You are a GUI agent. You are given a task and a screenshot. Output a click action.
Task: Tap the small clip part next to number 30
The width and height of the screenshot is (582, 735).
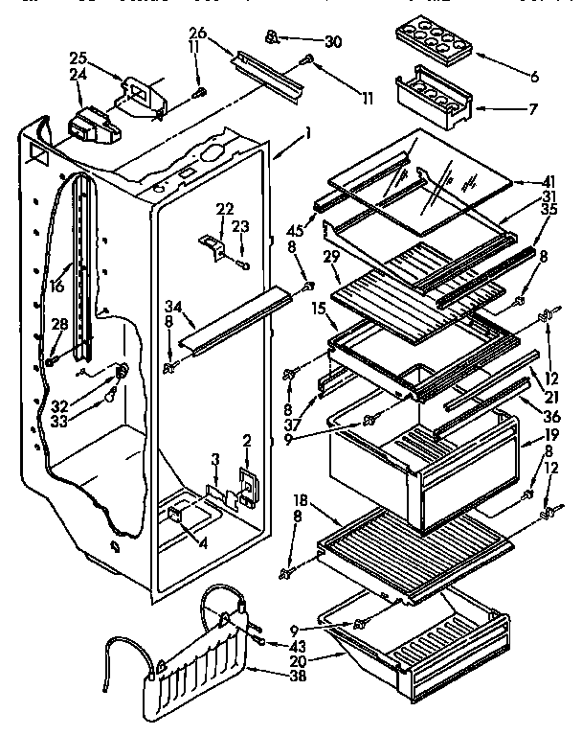(273, 37)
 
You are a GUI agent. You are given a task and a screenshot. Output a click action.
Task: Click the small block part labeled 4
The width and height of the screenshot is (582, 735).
(177, 515)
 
